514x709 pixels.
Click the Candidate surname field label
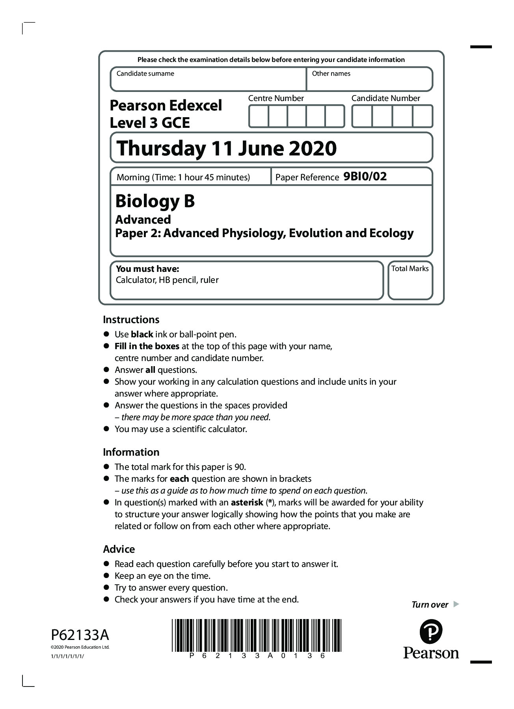point(145,74)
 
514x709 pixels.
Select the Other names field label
point(331,74)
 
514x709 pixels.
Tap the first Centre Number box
point(259,116)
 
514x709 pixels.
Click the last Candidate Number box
point(423,116)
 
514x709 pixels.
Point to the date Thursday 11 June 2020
point(227,149)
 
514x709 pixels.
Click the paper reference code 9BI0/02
point(365,176)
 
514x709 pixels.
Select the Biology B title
point(155,201)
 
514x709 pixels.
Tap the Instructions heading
point(131,320)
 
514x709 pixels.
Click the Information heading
point(131,452)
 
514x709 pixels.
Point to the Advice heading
point(119,549)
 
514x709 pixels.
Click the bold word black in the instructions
point(142,335)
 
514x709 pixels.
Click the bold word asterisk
point(247,503)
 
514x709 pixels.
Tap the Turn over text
point(430,605)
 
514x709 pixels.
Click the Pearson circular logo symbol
point(431,632)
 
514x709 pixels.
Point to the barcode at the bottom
point(256,635)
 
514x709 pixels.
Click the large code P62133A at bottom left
point(80,635)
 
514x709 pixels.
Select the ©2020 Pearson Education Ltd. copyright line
point(80,647)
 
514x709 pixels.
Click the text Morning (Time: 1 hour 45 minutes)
point(183,178)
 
